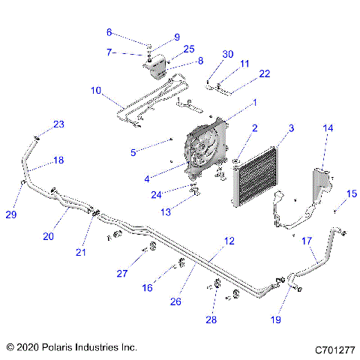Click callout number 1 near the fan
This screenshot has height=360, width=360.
[255, 102]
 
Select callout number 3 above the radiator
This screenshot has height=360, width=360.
[291, 130]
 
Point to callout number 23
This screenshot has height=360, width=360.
[58, 124]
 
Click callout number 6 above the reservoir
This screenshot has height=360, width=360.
[109, 32]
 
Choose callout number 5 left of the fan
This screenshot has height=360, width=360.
[154, 152]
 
